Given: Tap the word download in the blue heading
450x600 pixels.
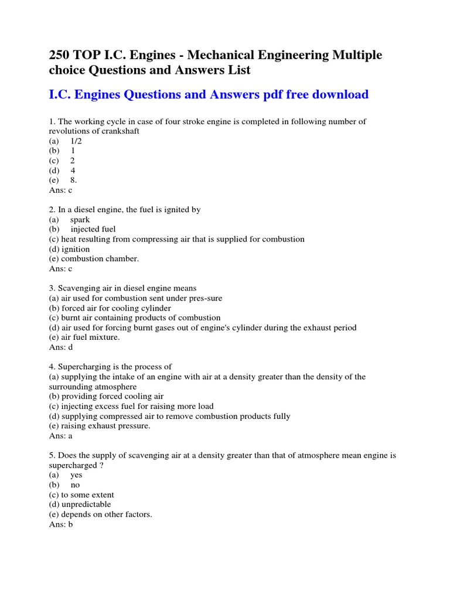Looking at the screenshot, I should pos(342,94).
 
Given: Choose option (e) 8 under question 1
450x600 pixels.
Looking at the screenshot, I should pos(73,180).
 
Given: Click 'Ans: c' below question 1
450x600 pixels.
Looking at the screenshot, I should pos(61,190).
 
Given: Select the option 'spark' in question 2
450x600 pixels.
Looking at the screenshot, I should pos(80,220).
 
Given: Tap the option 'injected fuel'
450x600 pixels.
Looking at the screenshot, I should pos(93,229).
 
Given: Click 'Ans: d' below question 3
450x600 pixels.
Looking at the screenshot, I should pos(61,347).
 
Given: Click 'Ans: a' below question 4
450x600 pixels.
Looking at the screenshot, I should pos(61,436).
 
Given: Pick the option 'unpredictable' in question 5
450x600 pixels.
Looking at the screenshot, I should pos(86,504).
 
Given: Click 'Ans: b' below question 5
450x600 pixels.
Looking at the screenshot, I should pos(61,524).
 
